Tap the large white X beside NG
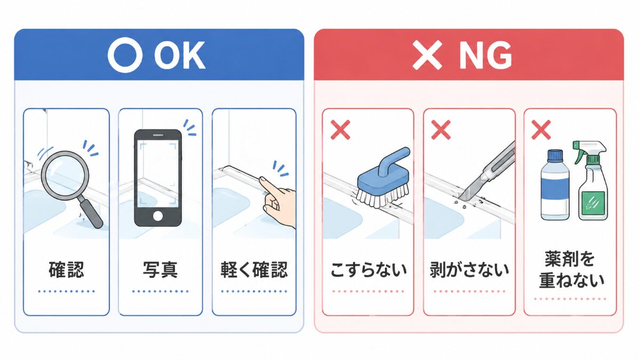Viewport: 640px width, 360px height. coord(427,55)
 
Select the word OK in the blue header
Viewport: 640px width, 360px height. coord(180,55)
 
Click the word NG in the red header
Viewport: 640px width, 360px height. coord(485,55)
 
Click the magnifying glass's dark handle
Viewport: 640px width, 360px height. coord(91,213)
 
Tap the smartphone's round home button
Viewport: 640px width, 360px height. coord(158,215)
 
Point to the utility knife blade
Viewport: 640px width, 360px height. coord(468,191)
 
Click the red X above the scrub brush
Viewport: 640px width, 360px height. coord(340,130)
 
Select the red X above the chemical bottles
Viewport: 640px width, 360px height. coord(541,130)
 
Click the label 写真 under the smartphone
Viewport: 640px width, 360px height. coord(161,270)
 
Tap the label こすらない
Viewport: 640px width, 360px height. coord(369,270)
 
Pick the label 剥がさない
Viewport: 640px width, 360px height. coord(469,270)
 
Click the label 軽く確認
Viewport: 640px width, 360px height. coord(254,270)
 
